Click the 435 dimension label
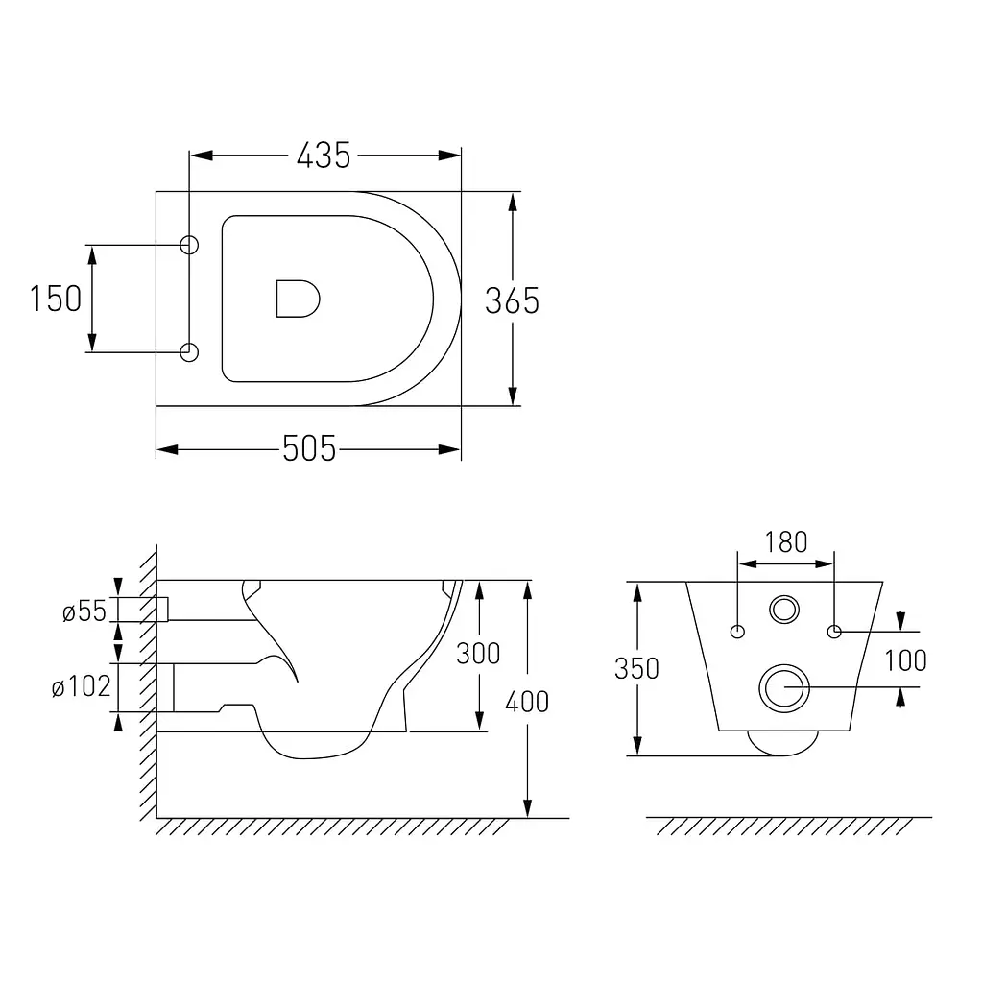click(324, 156)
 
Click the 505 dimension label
click(309, 449)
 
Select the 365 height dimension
click(512, 300)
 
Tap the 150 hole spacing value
click(56, 299)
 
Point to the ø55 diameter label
click(84, 611)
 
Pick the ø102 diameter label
click(81, 686)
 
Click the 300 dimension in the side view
click(478, 654)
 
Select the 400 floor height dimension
click(527, 702)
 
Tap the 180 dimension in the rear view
click(786, 542)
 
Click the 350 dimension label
click(636, 669)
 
